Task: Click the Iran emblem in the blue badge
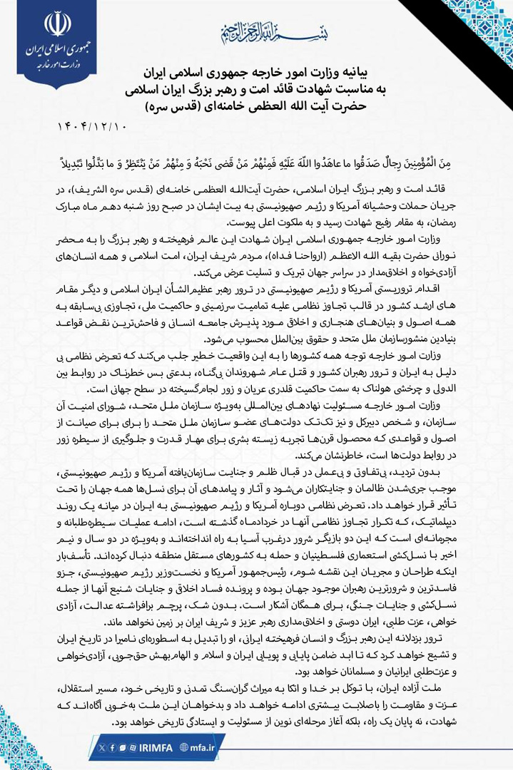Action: coord(59,25)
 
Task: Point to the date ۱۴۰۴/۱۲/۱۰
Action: coord(91,126)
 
